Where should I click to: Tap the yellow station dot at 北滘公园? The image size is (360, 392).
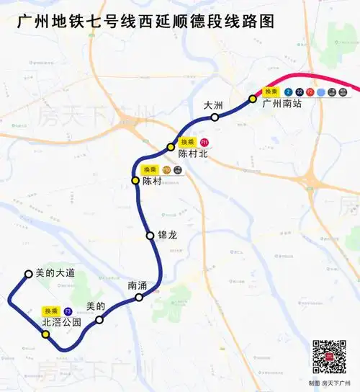(x=45, y=334)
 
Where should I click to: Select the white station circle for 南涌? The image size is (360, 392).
(x=139, y=297)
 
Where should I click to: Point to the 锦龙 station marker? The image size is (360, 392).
(x=150, y=236)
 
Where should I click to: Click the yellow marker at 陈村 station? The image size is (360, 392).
(x=135, y=180)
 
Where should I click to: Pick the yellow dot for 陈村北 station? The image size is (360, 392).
(x=171, y=147)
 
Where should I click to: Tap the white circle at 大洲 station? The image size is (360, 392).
(x=215, y=117)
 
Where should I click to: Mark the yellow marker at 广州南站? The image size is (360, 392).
(x=253, y=99)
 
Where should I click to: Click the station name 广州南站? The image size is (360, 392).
(x=282, y=104)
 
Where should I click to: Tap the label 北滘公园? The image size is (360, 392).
(x=62, y=322)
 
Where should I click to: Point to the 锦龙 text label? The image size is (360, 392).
(x=166, y=236)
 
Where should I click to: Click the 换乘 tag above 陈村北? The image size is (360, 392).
(x=188, y=142)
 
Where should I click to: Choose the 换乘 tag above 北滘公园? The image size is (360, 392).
(x=51, y=311)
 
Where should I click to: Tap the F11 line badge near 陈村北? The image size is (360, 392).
(x=204, y=142)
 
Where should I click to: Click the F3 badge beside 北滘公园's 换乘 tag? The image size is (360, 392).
(x=68, y=311)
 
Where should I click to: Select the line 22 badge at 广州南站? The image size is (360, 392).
(x=300, y=92)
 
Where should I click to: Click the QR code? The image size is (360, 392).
(x=329, y=355)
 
